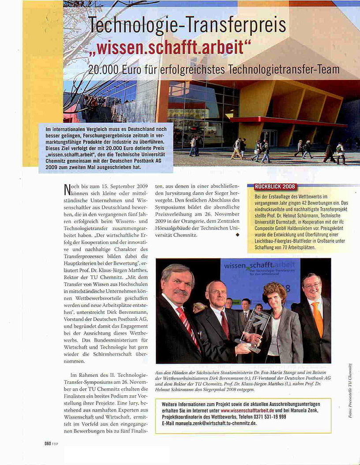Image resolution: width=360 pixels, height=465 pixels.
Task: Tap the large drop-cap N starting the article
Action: click(x=67, y=190)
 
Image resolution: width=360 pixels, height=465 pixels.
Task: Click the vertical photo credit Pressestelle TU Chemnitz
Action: click(x=350, y=391)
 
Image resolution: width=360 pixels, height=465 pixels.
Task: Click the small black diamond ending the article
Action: click(x=238, y=235)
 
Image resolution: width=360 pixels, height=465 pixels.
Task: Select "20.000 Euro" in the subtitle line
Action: click(x=113, y=70)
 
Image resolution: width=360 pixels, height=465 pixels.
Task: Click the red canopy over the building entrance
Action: click(x=282, y=120)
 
